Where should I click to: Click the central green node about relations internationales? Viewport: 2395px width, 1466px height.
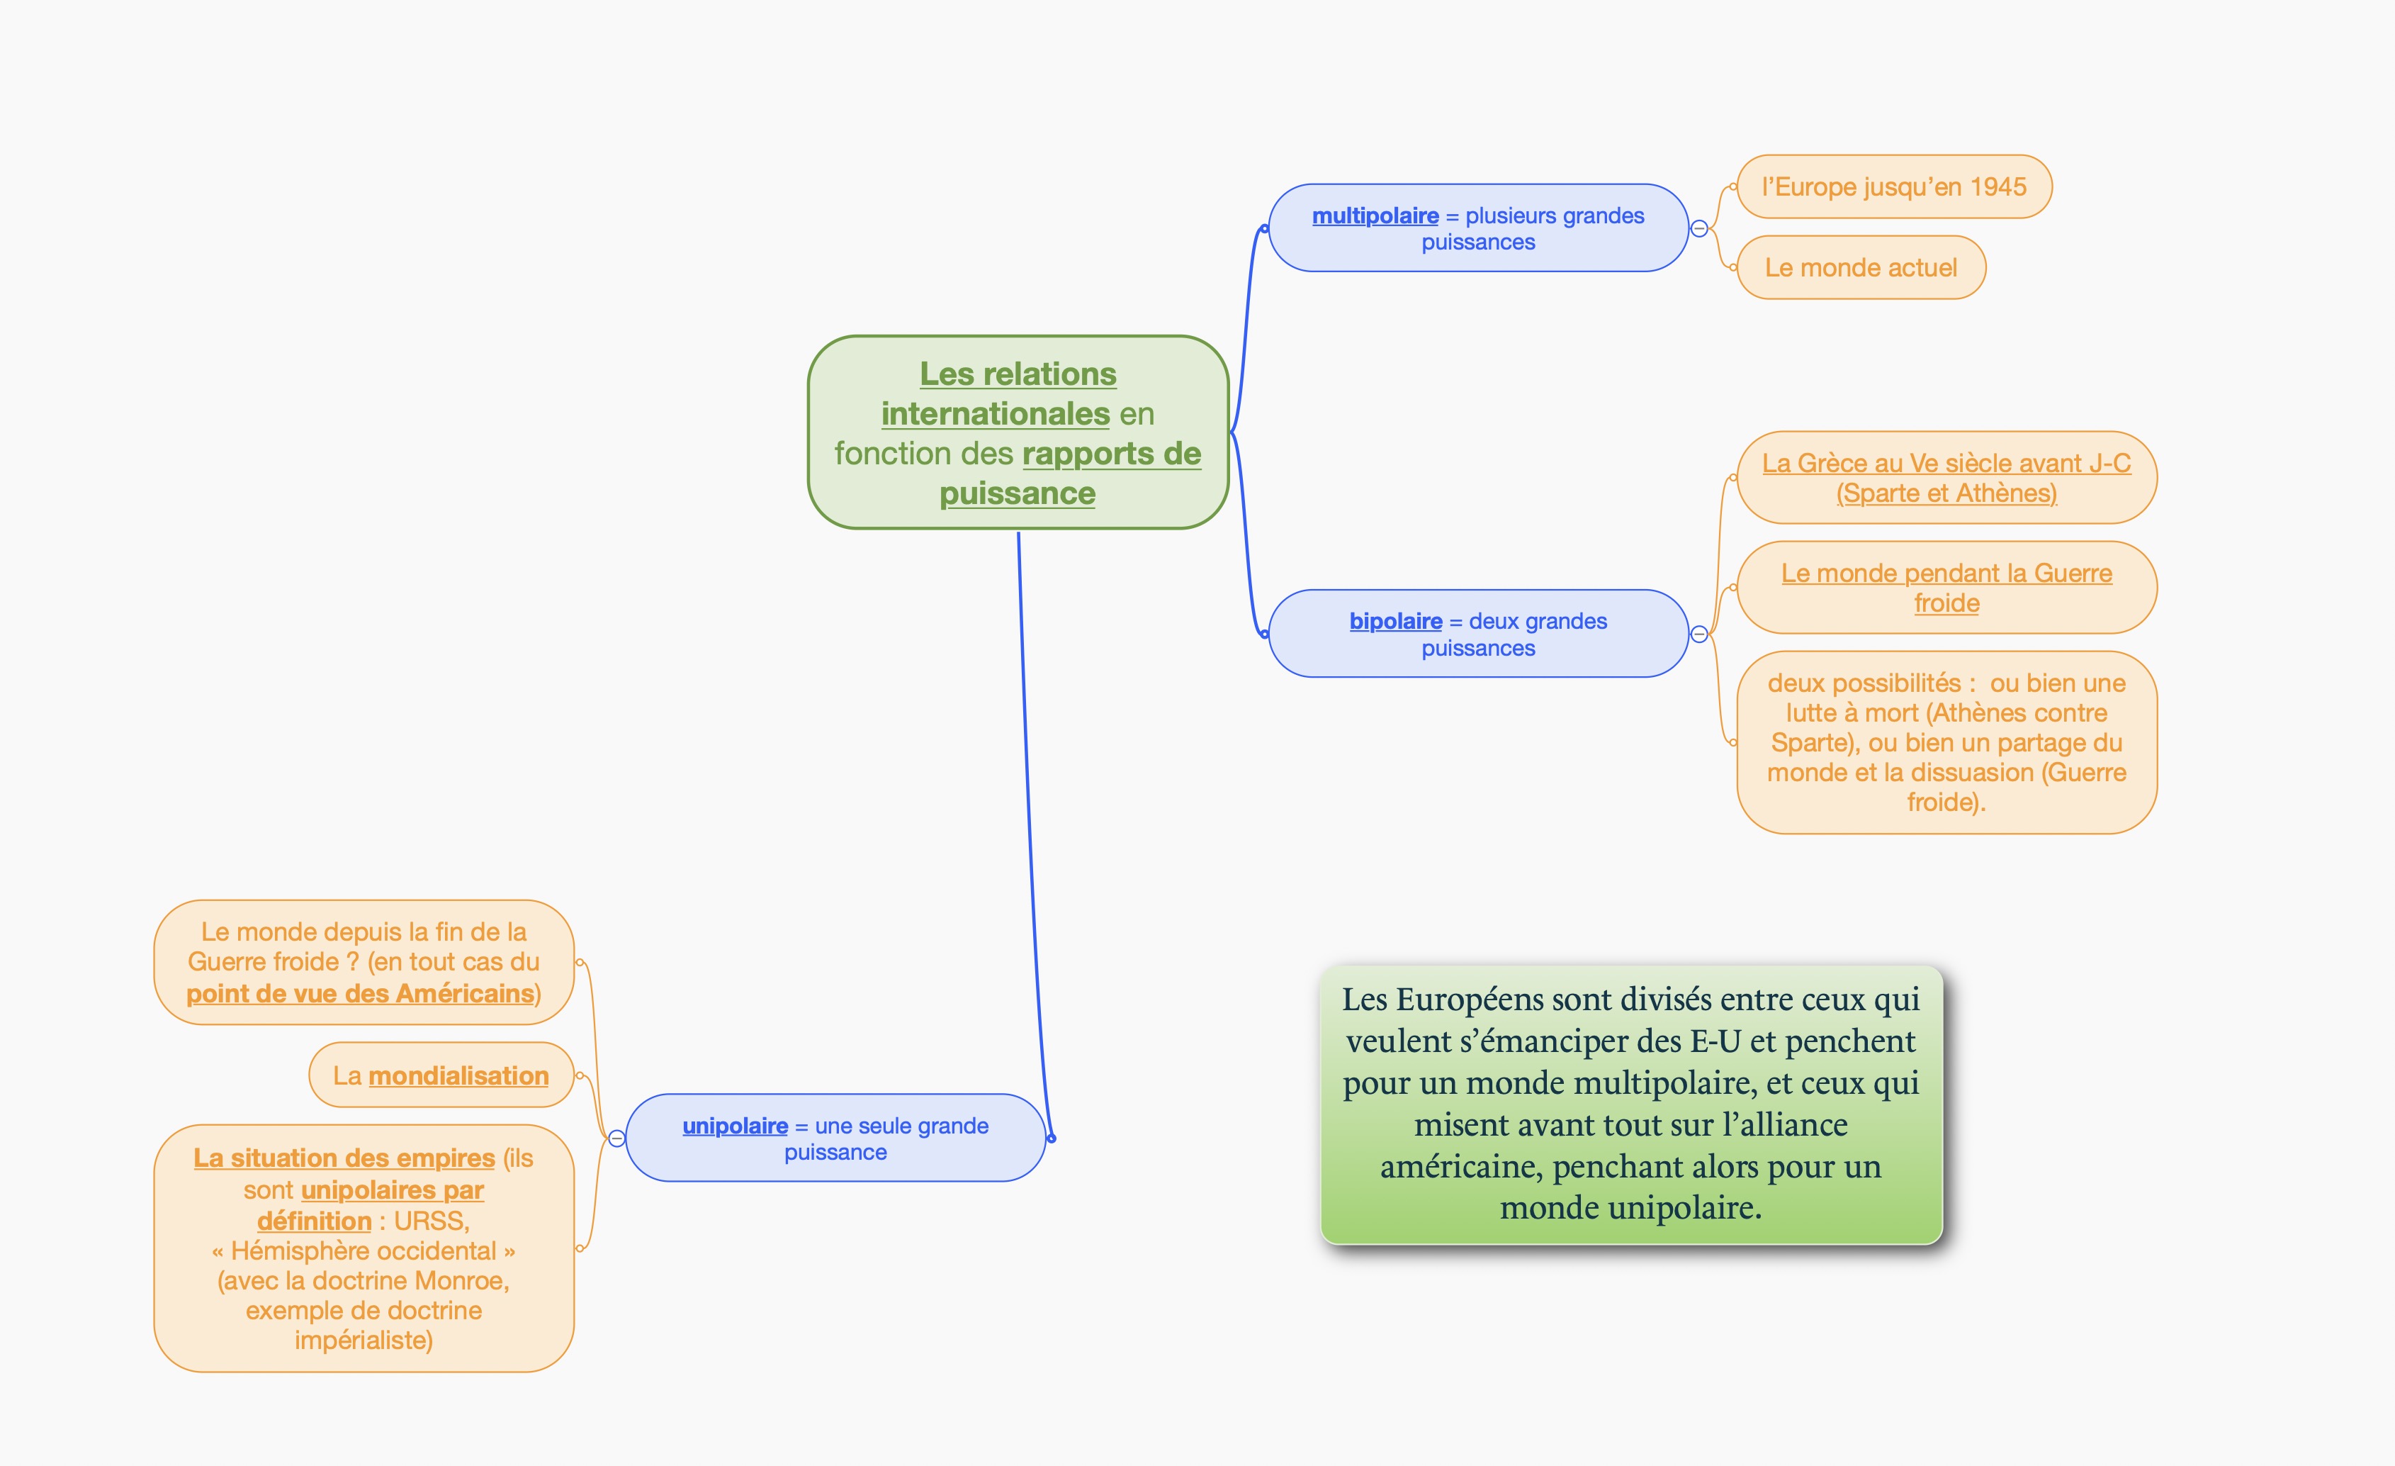(1018, 432)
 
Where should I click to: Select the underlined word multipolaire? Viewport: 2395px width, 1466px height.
(1375, 216)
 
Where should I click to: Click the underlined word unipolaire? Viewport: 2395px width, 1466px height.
(735, 1126)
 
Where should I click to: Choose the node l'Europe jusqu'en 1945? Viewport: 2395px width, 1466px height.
(1893, 186)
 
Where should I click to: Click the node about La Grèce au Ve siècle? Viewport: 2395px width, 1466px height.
(1946, 477)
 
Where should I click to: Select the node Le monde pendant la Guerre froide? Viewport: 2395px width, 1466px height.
(1946, 587)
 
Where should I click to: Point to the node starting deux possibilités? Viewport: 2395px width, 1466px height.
(1946, 742)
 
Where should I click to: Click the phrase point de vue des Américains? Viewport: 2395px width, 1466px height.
(361, 994)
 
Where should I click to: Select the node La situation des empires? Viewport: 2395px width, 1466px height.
(364, 1248)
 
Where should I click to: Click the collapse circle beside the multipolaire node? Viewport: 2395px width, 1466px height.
(1699, 228)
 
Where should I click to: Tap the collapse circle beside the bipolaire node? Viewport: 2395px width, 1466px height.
(1699, 634)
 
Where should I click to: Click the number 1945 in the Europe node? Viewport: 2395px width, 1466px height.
(1997, 186)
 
